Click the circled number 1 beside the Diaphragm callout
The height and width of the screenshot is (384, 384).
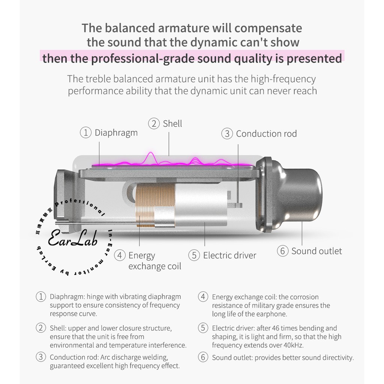(x=86, y=132)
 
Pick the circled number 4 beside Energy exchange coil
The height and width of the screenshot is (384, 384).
(x=120, y=255)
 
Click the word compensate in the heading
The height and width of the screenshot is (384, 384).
(x=268, y=28)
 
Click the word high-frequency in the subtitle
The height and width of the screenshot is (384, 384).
(x=283, y=79)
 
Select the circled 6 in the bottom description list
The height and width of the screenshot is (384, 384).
(x=203, y=357)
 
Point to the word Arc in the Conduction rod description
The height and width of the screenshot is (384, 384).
(x=105, y=357)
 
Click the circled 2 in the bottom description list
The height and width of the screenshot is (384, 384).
(x=41, y=328)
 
